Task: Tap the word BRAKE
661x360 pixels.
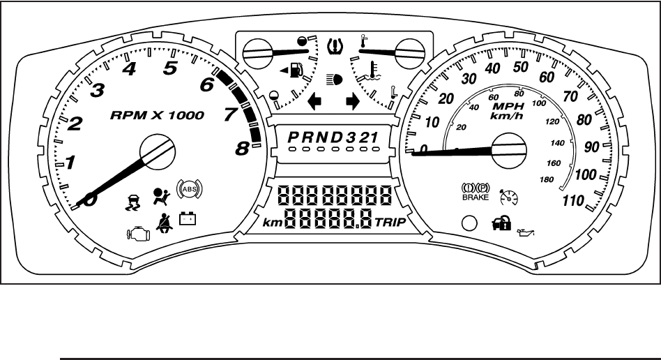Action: tap(476, 197)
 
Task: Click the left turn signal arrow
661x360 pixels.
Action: tap(314, 102)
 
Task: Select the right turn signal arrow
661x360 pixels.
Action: tap(353, 102)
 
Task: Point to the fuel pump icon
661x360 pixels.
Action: tap(295, 70)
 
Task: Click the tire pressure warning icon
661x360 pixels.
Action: tap(335, 47)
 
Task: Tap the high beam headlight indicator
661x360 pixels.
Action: tap(334, 80)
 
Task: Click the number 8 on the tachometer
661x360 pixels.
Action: tap(242, 147)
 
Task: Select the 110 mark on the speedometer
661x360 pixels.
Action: tap(573, 202)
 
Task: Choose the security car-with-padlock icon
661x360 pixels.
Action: tap(492, 225)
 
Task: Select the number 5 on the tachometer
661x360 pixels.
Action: tap(169, 68)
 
